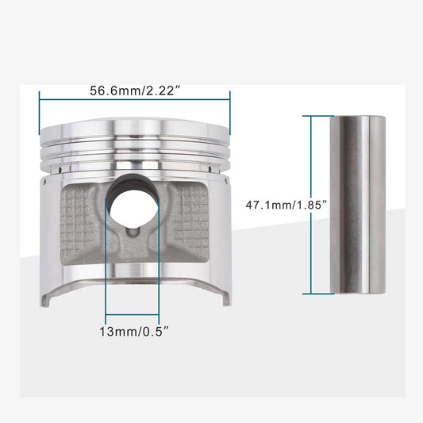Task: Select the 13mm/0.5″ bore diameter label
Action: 133,327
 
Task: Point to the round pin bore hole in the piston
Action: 133,206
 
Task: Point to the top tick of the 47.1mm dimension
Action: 311,116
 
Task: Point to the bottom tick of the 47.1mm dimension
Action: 311,294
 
